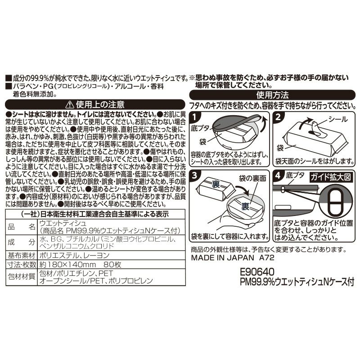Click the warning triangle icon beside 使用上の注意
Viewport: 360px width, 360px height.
coord(70,105)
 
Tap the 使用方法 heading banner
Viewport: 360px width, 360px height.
coord(272,95)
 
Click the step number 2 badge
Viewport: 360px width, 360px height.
coord(278,117)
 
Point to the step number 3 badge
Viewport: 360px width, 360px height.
coord(195,175)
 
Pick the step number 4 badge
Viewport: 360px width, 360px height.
coord(278,175)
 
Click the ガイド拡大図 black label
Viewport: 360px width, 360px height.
coord(331,177)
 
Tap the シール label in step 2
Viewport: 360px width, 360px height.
coord(338,119)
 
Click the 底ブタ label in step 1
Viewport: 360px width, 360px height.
coord(200,128)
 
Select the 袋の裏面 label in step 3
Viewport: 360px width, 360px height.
coord(252,178)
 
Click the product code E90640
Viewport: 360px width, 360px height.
coord(257,272)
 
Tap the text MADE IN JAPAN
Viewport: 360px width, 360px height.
coord(222,257)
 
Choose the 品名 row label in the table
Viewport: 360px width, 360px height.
coord(21,227)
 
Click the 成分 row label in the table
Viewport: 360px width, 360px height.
coord(21,243)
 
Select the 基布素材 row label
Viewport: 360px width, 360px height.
coord(21,256)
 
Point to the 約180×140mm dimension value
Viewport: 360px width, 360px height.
coord(67,265)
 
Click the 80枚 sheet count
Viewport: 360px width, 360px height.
coord(112,265)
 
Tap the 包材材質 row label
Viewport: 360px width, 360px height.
coord(21,276)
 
